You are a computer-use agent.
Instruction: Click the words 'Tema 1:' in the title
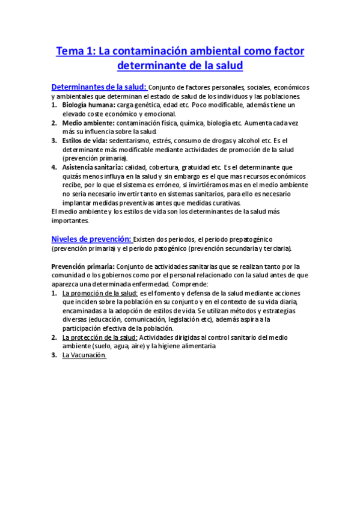75,52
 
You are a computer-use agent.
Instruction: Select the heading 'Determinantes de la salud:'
98,87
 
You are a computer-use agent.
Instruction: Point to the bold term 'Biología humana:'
88,105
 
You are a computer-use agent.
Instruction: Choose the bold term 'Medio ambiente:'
87,123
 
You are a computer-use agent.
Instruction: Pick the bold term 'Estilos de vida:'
85,141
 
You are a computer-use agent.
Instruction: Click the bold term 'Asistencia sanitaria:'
93,167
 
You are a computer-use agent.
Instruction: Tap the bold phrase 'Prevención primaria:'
80,266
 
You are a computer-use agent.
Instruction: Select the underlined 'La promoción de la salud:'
100,292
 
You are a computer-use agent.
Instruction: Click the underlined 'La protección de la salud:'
100,337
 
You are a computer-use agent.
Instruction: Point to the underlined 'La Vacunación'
84,355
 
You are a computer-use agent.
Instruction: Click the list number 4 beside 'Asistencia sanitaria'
53,167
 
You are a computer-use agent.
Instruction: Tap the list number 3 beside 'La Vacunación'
53,355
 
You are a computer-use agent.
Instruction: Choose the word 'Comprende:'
189,284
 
